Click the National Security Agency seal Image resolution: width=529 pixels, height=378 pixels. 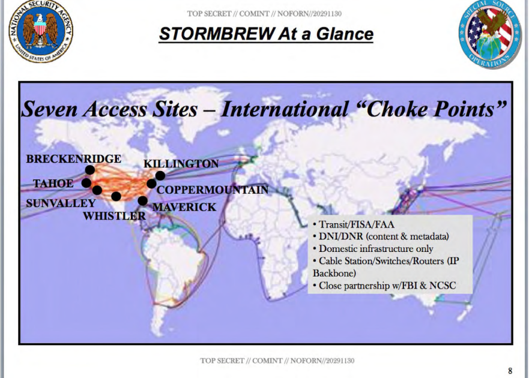pos(40,31)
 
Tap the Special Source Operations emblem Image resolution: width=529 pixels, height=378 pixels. pos(489,34)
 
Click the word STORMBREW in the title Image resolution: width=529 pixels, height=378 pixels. pos(217,34)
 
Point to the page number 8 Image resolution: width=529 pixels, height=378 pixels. pos(510,371)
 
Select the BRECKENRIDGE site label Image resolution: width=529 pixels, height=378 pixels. pos(73,159)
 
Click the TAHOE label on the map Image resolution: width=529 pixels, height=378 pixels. pos(53,184)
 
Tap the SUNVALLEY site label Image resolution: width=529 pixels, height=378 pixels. pos(61,203)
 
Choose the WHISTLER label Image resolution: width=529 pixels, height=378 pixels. pos(114,216)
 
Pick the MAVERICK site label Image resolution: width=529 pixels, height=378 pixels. pos(184,207)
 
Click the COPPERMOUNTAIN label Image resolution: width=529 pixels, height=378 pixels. pos(213,190)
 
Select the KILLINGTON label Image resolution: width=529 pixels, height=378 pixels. pos(181,164)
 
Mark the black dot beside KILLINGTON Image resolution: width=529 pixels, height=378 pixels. pos(160,175)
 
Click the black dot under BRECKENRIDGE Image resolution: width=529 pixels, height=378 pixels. pos(89,170)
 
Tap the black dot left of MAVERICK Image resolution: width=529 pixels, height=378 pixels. pos(143,200)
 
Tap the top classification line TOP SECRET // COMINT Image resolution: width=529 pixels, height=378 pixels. pos(264,14)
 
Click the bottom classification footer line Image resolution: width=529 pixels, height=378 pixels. pos(277,361)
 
